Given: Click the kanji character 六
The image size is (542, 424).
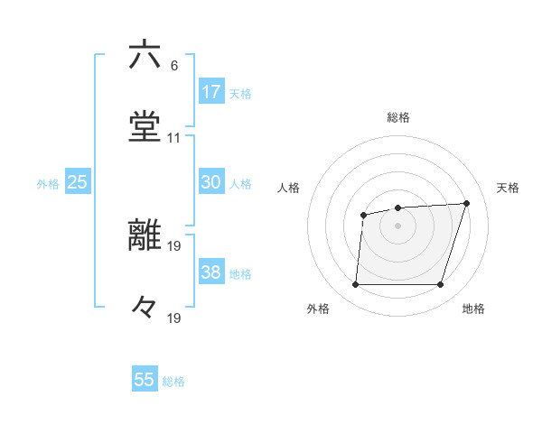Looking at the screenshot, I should (x=145, y=55).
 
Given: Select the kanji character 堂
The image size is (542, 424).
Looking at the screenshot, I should (x=145, y=127).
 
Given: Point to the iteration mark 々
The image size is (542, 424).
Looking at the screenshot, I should (x=145, y=308).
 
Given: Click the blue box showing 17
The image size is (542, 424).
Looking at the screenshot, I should (x=211, y=92).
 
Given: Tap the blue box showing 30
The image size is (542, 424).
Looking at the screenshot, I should (x=211, y=182).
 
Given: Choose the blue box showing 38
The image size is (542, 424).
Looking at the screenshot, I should (x=211, y=272).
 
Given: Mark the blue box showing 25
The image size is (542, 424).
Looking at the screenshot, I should (x=78, y=182).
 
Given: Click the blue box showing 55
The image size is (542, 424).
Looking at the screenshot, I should (x=145, y=380).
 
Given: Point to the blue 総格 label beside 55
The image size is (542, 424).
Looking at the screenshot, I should (x=173, y=382).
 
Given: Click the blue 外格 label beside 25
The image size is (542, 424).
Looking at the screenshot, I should (x=48, y=184).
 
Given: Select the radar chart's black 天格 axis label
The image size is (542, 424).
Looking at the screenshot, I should (x=508, y=188).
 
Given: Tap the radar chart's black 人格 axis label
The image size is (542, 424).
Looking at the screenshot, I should (x=289, y=188).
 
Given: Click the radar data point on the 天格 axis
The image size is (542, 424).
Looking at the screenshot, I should (x=466, y=203).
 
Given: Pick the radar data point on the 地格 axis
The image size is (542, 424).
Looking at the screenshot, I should (x=440, y=285).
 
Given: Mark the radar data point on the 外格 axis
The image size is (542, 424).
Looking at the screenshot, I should (x=355, y=285).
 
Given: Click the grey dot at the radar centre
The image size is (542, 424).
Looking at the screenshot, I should (x=397, y=226).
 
